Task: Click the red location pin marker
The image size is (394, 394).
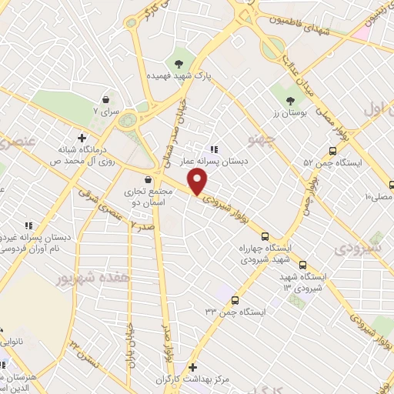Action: [198, 182]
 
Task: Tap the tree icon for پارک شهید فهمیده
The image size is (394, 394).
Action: [179, 63]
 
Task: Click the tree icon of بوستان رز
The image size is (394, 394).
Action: [290, 101]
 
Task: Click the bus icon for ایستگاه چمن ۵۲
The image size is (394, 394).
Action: [332, 151]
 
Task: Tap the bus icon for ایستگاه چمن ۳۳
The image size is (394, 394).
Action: [235, 300]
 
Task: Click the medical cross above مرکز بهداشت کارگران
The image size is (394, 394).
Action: [192, 368]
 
